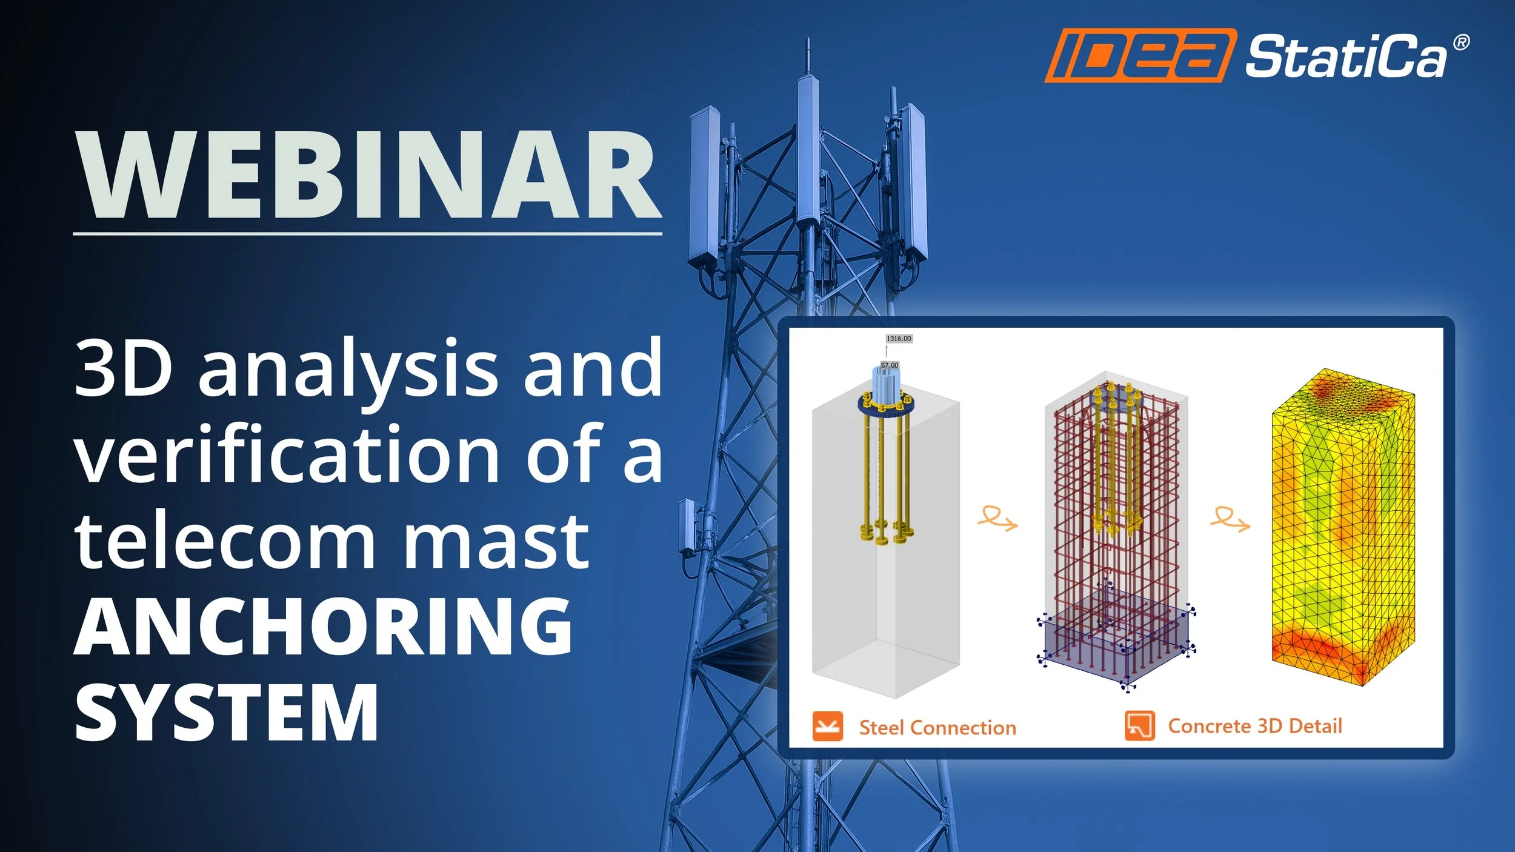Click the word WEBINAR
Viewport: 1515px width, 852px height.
[x=368, y=176]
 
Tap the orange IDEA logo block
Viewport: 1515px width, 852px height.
[x=1139, y=55]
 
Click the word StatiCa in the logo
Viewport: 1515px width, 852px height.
[x=1345, y=58]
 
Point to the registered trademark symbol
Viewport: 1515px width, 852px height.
[x=1461, y=42]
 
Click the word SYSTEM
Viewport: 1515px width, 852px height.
[x=226, y=713]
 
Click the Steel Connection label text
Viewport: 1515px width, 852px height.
[x=937, y=728]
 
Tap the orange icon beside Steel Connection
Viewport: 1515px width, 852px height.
[x=827, y=726]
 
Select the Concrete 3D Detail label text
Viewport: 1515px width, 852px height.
[x=1254, y=726]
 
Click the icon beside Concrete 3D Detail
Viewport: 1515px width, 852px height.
[x=1139, y=725]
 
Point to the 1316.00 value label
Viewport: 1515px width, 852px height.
[x=898, y=339]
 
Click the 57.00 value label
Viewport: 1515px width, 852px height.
[x=890, y=365]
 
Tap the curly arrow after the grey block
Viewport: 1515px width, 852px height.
[x=997, y=519]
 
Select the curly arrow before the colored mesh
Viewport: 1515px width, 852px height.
[x=1230, y=519]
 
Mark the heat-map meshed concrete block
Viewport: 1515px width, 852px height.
[x=1342, y=527]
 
